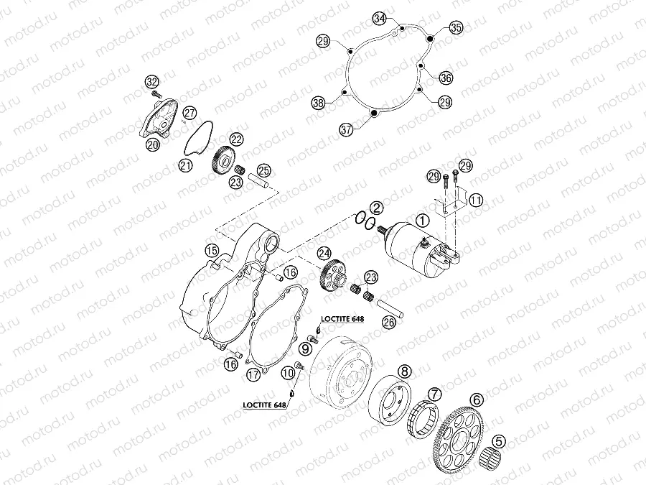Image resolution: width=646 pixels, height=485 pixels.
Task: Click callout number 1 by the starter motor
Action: pyautogui.click(x=422, y=221)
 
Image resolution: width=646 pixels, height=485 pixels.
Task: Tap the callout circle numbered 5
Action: pyautogui.click(x=499, y=441)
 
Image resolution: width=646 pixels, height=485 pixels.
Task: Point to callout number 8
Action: pyautogui.click(x=405, y=371)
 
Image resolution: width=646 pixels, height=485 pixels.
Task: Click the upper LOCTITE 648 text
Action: pyautogui.click(x=342, y=319)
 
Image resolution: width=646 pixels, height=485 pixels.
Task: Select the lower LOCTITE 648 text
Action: pyautogui.click(x=264, y=405)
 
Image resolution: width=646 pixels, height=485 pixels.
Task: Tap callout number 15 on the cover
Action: pyautogui.click(x=212, y=250)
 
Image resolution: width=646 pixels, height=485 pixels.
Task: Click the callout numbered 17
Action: pyautogui.click(x=254, y=374)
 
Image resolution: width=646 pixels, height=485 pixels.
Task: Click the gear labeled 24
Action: pyautogui.click(x=332, y=274)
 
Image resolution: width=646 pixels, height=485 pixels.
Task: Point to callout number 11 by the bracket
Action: pyautogui.click(x=476, y=200)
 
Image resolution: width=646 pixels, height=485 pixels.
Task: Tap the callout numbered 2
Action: pyautogui.click(x=375, y=208)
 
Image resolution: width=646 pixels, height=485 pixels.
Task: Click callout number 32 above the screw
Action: pyautogui.click(x=152, y=82)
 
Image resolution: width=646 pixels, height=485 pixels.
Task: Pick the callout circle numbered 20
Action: pyautogui.click(x=153, y=144)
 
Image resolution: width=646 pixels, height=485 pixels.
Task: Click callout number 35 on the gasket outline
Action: pyautogui.click(x=456, y=27)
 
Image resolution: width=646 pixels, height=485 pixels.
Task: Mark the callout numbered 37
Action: pyautogui.click(x=347, y=130)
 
